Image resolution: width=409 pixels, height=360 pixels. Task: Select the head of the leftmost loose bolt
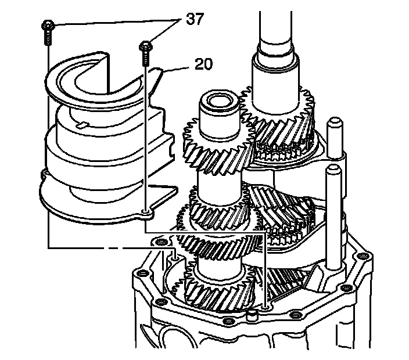[48, 25]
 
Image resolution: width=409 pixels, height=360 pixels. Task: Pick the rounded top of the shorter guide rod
[332, 170]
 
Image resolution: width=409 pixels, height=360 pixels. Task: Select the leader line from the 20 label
[177, 68]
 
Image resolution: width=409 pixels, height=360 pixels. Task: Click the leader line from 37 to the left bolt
[110, 23]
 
